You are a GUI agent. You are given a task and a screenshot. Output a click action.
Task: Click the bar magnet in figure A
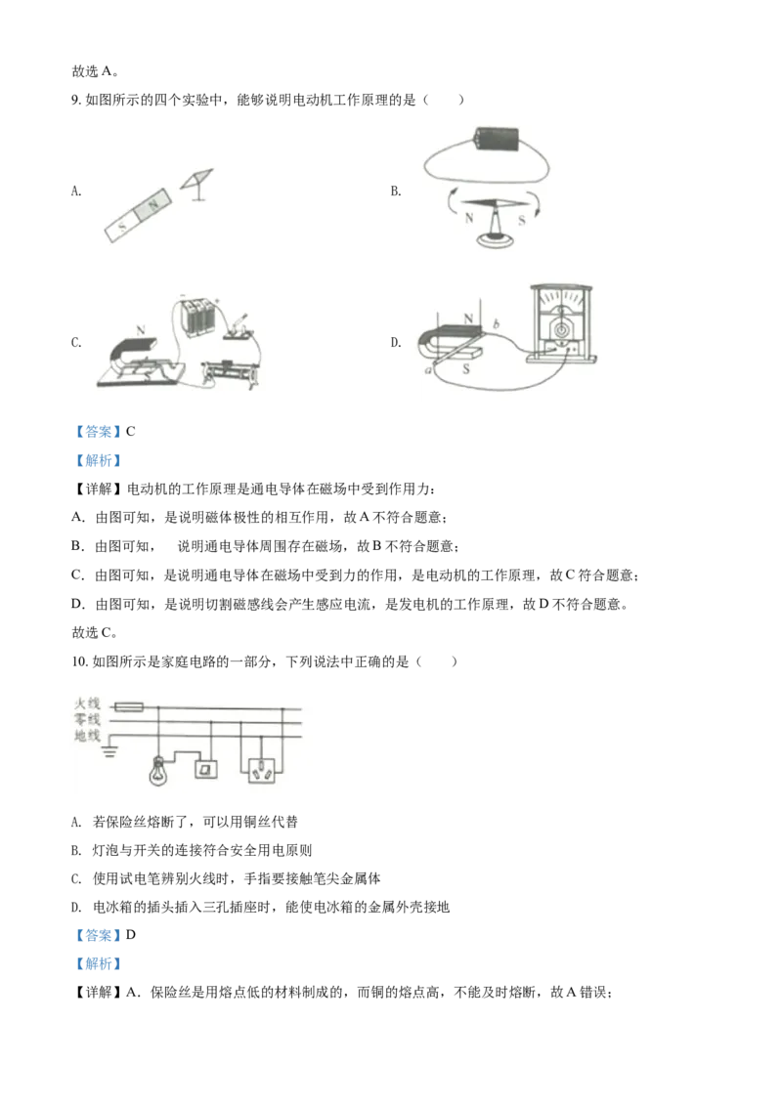139,215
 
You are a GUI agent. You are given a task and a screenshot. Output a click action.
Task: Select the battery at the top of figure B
497,139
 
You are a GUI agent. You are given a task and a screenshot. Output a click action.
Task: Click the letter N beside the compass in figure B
468,219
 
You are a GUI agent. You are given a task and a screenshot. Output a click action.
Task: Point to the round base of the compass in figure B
497,240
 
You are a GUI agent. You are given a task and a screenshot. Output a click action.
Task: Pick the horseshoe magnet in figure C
140,353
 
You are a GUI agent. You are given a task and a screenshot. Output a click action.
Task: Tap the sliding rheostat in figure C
230,369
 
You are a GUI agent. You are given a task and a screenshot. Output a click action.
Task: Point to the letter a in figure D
428,369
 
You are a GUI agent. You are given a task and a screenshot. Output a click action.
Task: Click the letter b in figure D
497,323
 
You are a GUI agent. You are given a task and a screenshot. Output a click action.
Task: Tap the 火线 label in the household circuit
88,703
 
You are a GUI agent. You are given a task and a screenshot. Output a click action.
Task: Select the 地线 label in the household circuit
88,736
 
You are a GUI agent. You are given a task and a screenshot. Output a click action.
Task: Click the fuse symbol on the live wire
128,706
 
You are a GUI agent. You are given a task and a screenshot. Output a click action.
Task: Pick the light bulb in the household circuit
158,771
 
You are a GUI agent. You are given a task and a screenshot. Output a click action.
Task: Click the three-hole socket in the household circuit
263,770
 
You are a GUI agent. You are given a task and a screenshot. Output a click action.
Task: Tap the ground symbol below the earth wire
109,752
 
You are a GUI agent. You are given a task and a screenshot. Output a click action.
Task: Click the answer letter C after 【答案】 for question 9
131,432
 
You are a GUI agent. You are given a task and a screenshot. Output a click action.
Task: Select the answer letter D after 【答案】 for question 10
131,935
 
